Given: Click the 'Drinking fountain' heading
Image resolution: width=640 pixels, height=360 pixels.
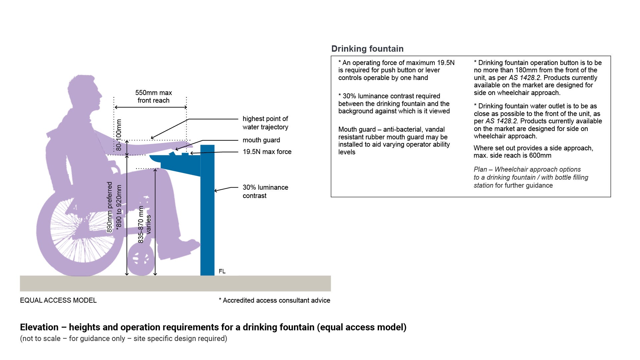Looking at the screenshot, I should pos(367,49).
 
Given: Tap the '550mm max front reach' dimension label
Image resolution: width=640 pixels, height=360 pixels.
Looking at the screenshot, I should pos(153,96).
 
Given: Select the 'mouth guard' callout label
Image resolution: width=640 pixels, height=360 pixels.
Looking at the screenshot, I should pos(261,140).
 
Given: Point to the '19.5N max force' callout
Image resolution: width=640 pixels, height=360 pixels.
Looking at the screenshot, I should pos(267,152).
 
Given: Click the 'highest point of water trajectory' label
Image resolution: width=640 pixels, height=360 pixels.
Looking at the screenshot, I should pos(265,123).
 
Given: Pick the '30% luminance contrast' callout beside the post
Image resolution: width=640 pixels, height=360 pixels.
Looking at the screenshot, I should pos(265,191).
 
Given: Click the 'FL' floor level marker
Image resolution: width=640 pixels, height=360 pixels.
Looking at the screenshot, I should pos(222,271).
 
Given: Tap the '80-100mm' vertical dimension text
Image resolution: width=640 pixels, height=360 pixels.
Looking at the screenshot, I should pos(119,135).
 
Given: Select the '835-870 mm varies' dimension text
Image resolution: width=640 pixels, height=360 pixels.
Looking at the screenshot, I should pos(144,224).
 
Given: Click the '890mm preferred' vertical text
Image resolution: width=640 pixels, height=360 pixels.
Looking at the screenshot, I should pos(109,207).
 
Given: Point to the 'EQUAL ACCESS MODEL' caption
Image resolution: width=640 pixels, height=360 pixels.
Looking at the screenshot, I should pos(58,300).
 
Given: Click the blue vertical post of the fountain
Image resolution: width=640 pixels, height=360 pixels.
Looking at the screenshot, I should pos(207,217).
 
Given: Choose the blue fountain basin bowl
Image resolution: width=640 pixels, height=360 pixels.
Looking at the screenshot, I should pos(177,163).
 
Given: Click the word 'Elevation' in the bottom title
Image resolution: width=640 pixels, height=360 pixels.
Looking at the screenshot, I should pos(39,327).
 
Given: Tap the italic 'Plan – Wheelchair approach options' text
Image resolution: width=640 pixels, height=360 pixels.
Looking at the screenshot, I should pos(527,169).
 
